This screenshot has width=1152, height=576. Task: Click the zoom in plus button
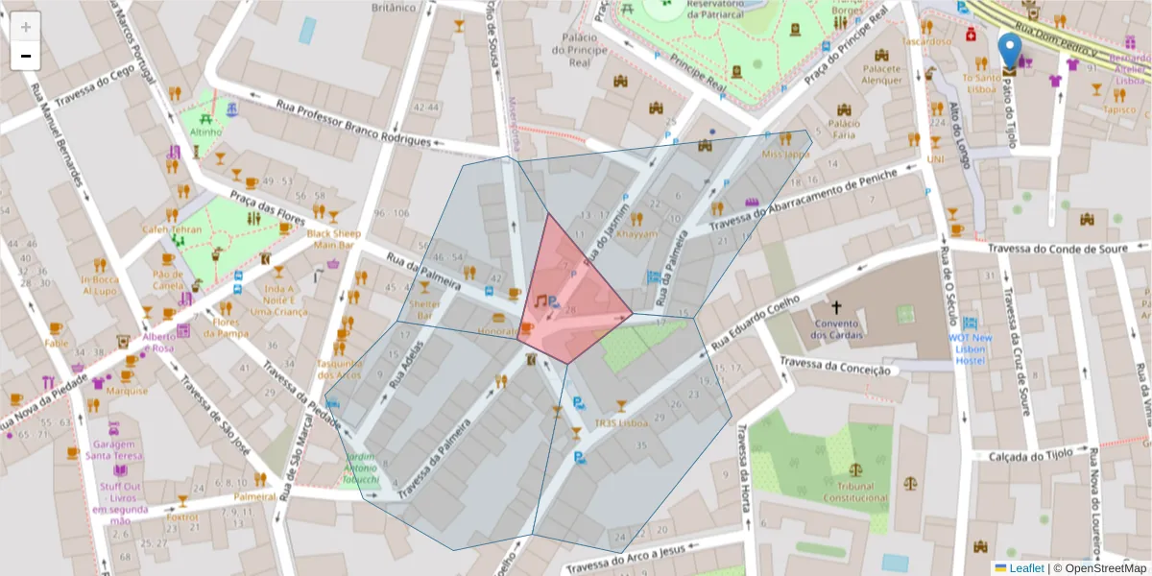tap(26, 27)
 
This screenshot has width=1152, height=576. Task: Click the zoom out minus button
tap(26, 57)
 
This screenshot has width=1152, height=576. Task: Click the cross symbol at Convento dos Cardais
tap(836, 307)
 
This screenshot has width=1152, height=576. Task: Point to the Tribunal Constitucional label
tap(855, 492)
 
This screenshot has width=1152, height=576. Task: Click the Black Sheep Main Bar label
tap(333, 238)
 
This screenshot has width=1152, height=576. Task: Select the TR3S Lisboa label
tap(621, 422)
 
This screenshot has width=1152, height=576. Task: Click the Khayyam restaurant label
tap(637, 233)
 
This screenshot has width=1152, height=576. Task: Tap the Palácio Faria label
tap(844, 129)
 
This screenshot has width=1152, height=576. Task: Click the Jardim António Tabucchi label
tap(361, 467)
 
